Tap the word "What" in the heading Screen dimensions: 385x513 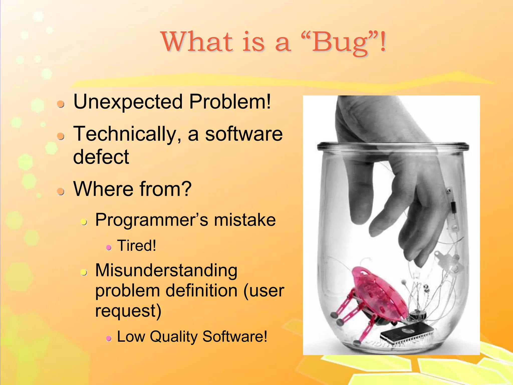(197, 42)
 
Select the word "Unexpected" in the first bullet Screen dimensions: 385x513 (128, 102)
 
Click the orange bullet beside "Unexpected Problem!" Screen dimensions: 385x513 (60, 104)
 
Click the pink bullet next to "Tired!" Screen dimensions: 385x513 (109, 248)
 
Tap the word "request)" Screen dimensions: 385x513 (128, 311)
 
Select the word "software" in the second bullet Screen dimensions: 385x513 (244, 134)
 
